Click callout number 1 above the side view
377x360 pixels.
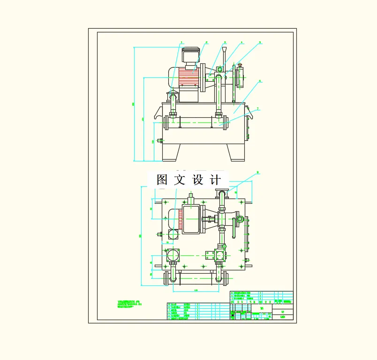[181, 42]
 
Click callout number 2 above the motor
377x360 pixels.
[206, 42]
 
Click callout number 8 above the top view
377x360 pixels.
[257, 172]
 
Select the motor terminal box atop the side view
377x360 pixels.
[189, 56]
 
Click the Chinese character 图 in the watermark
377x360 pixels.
[162, 179]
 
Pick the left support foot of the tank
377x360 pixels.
[171, 152]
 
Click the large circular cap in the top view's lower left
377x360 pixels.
[173, 255]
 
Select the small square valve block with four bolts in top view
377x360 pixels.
[219, 255]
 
